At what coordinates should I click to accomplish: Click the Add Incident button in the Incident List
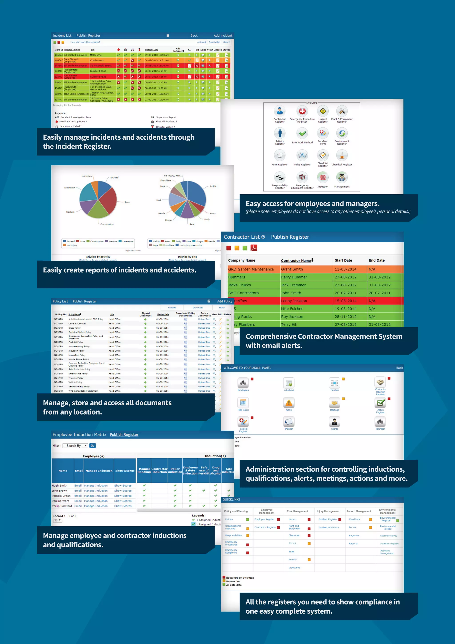pos(223,36)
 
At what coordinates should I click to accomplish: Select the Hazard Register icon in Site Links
pos(323,111)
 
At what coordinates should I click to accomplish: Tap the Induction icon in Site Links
pos(323,177)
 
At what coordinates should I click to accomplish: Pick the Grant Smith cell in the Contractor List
pos(292,269)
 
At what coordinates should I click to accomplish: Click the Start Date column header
pos(343,261)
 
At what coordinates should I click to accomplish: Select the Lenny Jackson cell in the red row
pos(294,301)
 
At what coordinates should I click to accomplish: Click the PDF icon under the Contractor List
pos(253,248)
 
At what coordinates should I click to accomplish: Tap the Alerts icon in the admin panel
pos(289,403)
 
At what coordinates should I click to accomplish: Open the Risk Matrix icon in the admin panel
pos(243,403)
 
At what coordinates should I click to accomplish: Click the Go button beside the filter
pos(92,446)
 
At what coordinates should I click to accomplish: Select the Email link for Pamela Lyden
pos(78,496)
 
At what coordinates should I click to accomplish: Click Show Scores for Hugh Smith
pos(123,485)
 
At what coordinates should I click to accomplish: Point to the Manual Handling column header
pos(144,470)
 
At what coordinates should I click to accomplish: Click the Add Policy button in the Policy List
pos(224,301)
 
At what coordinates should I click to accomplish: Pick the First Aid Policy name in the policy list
pos(76,342)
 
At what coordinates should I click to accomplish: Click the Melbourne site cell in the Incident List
pos(96,55)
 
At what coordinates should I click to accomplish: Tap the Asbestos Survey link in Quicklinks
pos(388,536)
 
